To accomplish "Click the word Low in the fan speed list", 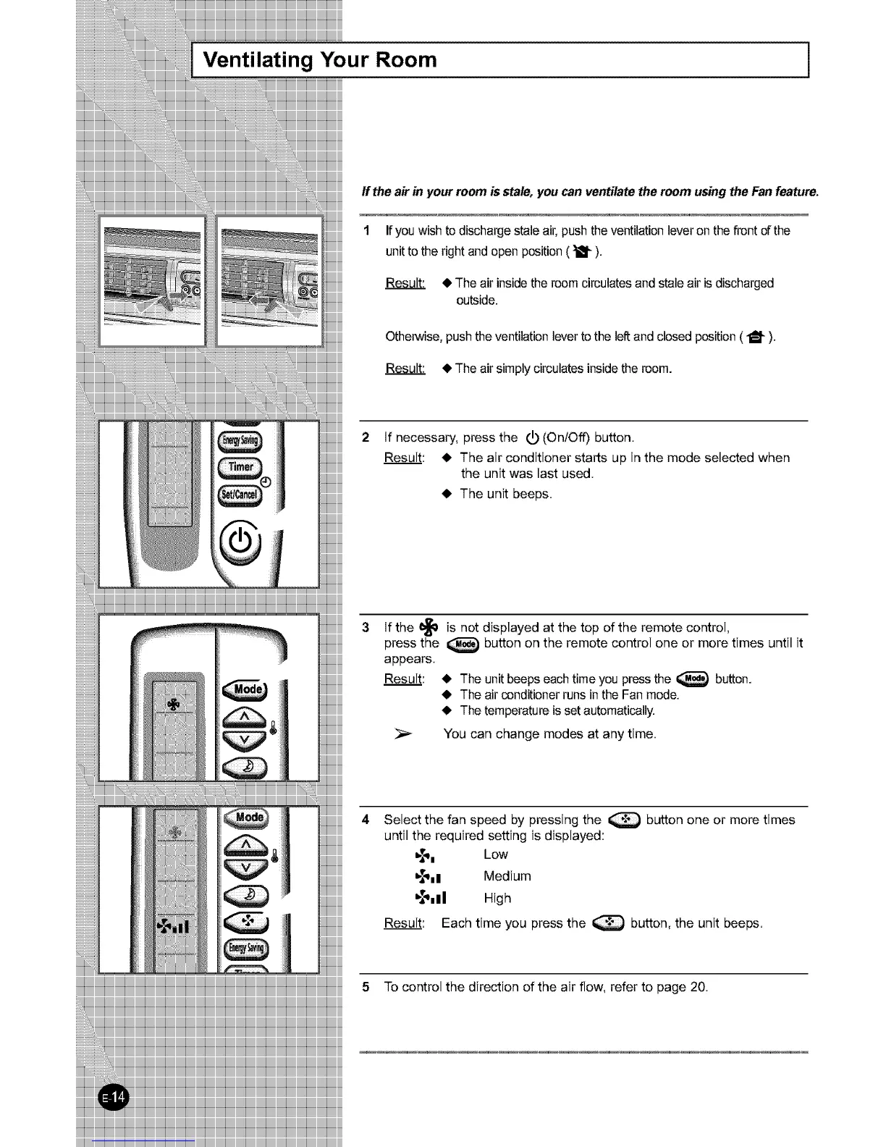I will (x=496, y=854).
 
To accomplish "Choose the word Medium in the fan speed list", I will (x=507, y=876).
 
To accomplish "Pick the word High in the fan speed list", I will (x=497, y=899).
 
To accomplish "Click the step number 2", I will (x=366, y=437).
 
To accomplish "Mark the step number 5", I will (x=366, y=987).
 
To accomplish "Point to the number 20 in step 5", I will (x=698, y=987).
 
